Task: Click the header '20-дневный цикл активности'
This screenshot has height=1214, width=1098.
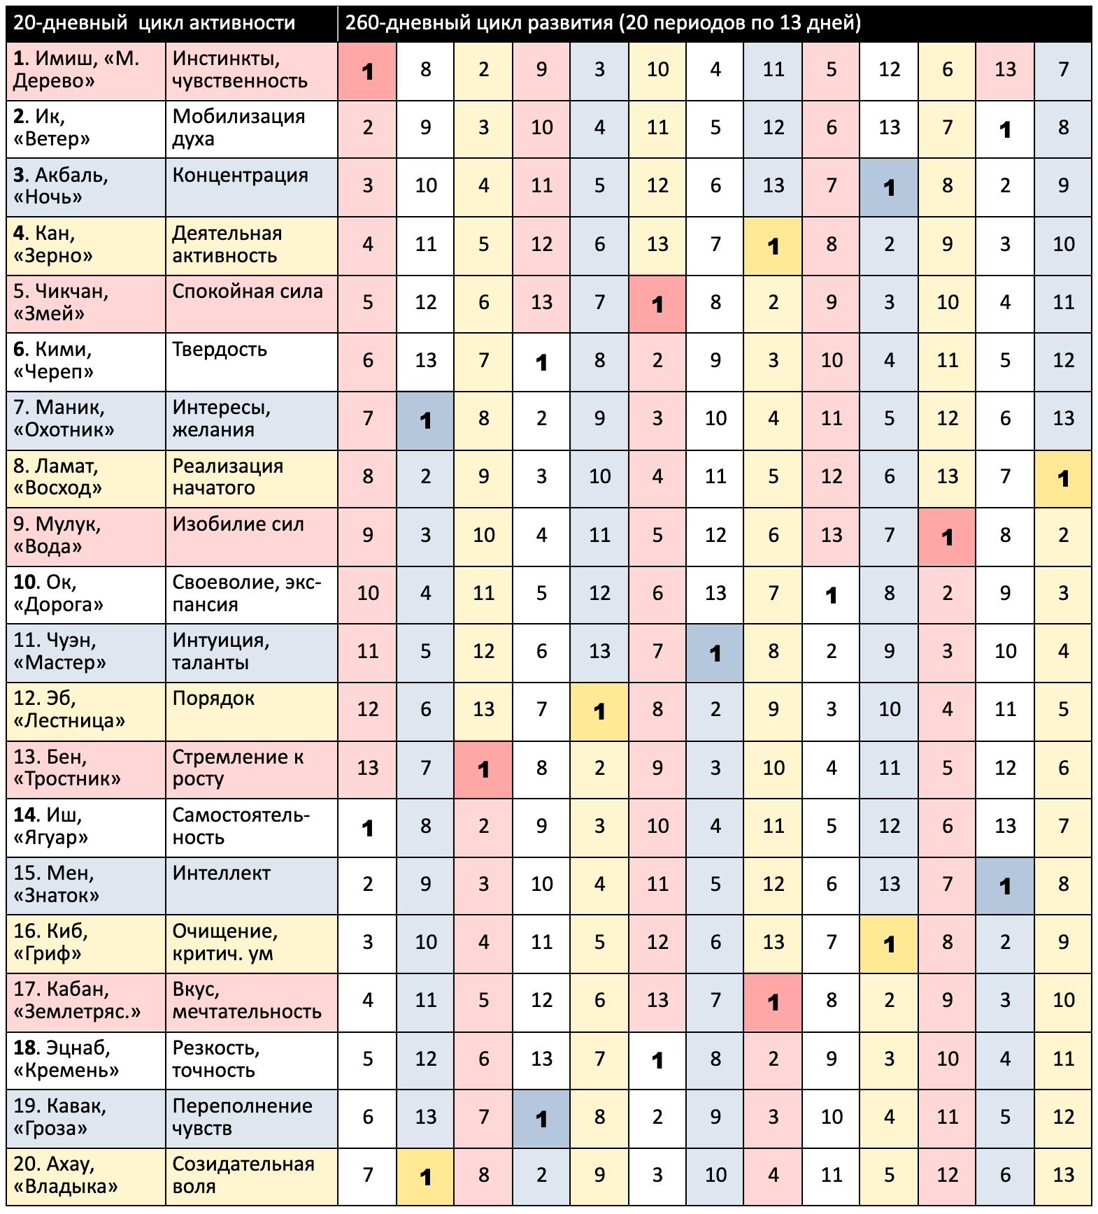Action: pos(154,23)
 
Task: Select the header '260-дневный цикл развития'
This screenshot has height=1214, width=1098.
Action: pos(603,23)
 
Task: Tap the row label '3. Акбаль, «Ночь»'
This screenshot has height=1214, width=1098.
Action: pos(61,186)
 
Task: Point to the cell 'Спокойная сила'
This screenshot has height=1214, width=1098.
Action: pos(248,292)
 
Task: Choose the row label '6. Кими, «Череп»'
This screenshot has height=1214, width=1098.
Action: pos(53,361)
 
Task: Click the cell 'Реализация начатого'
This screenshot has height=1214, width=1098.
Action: pos(228,477)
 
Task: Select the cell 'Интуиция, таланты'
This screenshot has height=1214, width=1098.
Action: pos(221,652)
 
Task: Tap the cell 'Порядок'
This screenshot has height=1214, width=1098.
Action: pos(213,699)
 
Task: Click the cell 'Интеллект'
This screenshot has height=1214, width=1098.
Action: pos(221,873)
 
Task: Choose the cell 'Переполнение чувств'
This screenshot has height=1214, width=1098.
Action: pos(242,1117)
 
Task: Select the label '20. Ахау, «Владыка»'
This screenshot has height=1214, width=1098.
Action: pos(66,1176)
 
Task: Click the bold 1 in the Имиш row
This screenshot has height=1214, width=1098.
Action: pos(368,71)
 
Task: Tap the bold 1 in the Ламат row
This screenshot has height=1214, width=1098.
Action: pos(1063,479)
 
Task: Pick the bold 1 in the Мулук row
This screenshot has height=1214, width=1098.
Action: pos(947,537)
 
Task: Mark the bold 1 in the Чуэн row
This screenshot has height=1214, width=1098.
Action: pos(715,653)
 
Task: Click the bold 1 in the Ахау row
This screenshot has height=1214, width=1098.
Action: pos(425,1178)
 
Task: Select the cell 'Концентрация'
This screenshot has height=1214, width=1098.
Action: pos(240,176)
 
